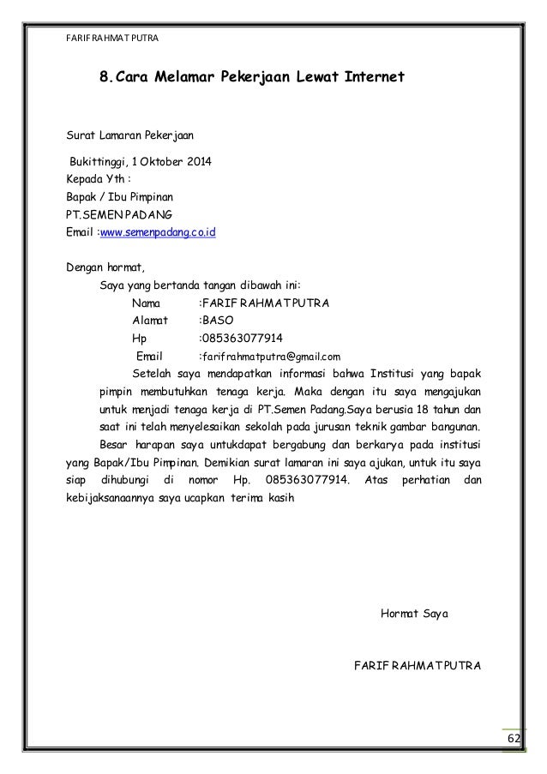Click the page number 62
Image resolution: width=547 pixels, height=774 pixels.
[x=514, y=740]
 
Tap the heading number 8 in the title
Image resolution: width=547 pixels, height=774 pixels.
[x=104, y=80]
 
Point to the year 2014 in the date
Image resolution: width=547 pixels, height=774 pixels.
[x=202, y=162]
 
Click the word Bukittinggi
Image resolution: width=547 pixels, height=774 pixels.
[x=99, y=162]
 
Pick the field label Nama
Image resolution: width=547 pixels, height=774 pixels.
[x=147, y=303]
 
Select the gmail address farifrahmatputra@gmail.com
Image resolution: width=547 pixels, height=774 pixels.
[x=271, y=356]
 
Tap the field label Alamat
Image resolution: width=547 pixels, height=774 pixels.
[x=150, y=321]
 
